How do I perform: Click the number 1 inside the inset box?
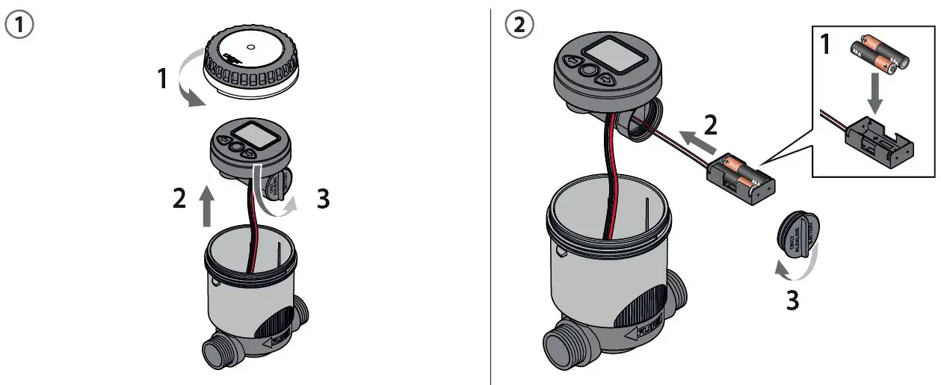826,46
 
